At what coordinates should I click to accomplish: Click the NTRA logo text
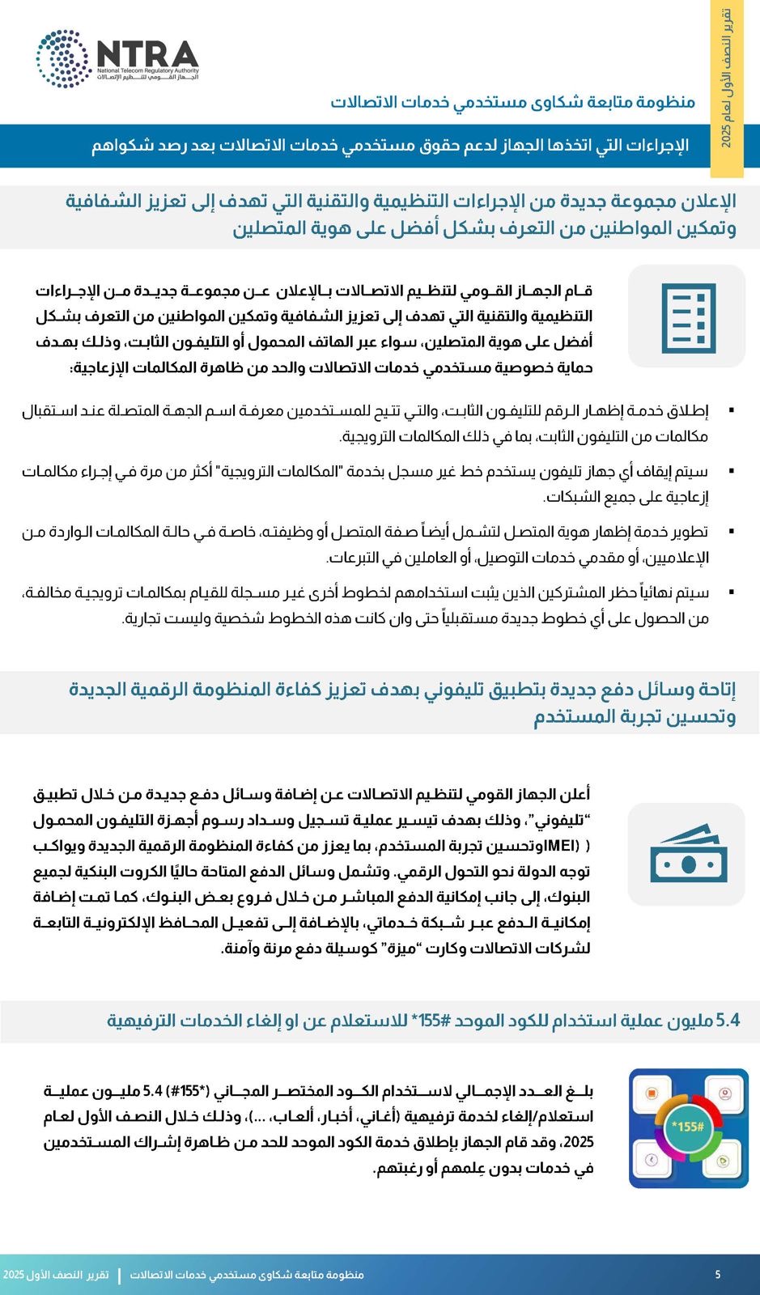tap(147, 54)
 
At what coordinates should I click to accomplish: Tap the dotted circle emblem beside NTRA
tap(62, 58)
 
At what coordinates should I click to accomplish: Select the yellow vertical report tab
tap(726, 89)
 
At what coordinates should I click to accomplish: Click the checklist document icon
tap(687, 317)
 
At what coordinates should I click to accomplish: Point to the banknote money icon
tap(687, 855)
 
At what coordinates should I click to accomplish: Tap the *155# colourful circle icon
tap(688, 1127)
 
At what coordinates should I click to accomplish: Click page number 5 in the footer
tap(717, 1275)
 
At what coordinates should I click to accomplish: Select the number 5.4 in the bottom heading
tap(728, 1021)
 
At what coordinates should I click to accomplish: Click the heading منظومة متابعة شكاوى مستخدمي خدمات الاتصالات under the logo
tap(513, 102)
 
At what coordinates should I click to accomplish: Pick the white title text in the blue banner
tap(389, 146)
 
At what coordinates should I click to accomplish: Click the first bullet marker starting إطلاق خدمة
tap(732, 411)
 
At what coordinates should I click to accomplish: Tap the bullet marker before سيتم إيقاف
tap(732, 471)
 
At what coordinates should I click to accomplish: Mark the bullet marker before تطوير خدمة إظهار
tap(732, 532)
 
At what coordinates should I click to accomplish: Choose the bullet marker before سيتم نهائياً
tap(732, 592)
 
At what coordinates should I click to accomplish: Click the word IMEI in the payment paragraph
tap(561, 846)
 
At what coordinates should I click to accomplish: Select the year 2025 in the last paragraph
tap(578, 1142)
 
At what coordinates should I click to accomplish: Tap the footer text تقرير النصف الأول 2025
tap(56, 1275)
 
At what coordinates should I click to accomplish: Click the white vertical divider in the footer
tap(120, 1276)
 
